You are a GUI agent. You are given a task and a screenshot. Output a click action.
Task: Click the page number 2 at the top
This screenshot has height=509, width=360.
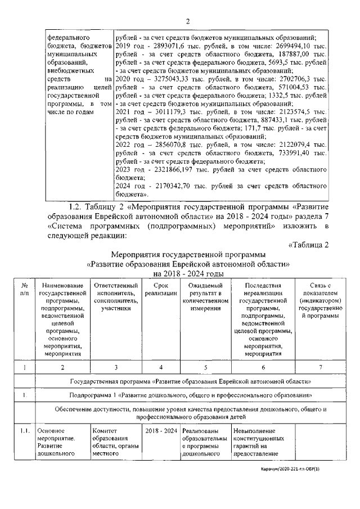[188, 21]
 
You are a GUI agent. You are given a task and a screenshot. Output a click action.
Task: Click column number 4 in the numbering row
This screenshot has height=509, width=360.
[161, 367]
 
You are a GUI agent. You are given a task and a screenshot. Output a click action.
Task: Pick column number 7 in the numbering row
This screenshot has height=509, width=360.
[321, 367]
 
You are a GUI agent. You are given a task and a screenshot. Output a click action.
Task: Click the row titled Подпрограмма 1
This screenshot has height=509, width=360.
[191, 395]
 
